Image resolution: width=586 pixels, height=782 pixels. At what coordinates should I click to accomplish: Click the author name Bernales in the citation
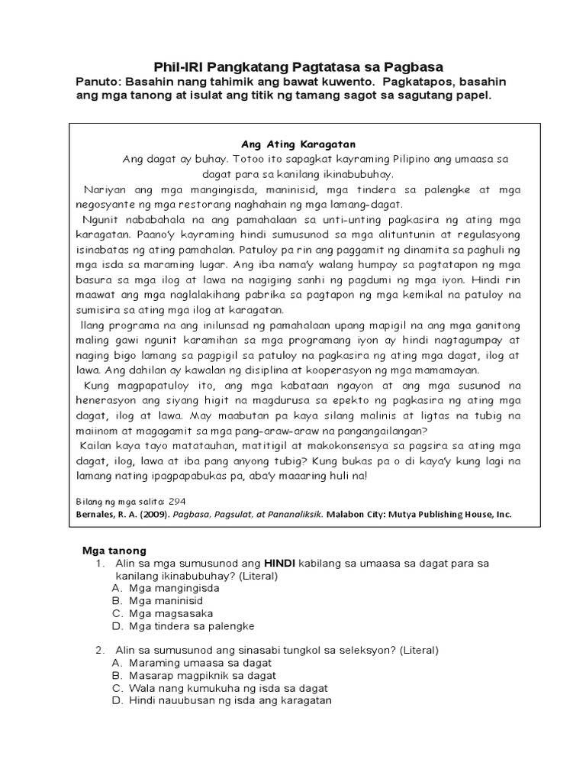pos(100,514)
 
